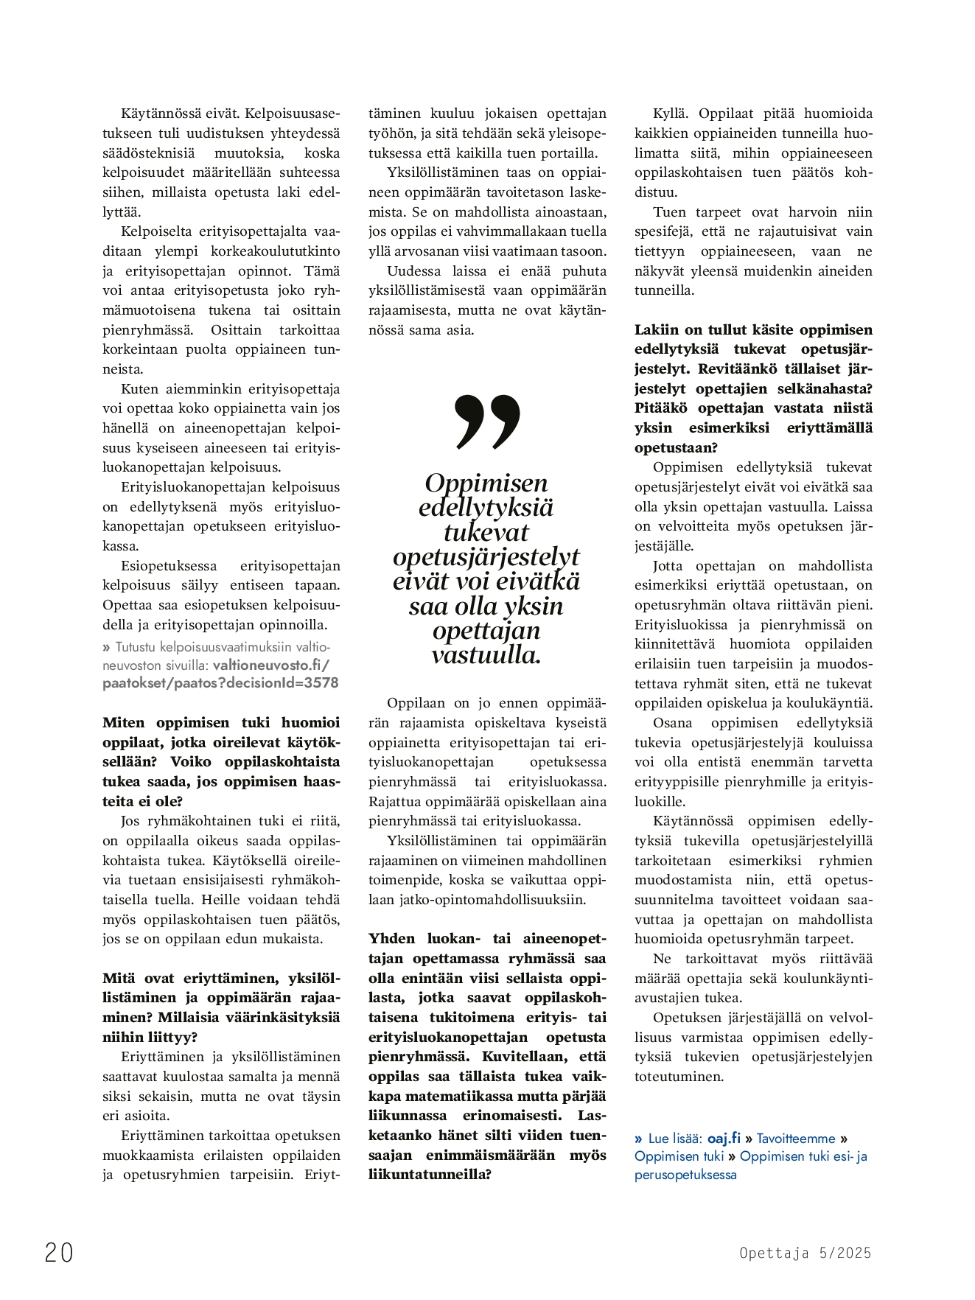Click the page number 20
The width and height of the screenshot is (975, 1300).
pos(59,1252)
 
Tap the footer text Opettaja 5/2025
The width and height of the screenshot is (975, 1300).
pos(805,1253)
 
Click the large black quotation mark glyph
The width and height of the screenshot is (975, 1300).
pos(487,421)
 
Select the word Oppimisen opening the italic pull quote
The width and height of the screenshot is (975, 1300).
pos(486,483)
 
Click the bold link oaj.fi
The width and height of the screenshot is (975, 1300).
pos(724,1139)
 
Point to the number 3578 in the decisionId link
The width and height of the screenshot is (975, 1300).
pos(321,683)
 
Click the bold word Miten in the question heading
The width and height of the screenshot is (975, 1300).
pos(124,723)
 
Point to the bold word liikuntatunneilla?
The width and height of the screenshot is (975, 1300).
pos(430,1175)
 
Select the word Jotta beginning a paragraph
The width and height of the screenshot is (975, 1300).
pos(668,566)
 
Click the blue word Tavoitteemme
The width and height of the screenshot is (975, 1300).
pos(796,1139)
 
